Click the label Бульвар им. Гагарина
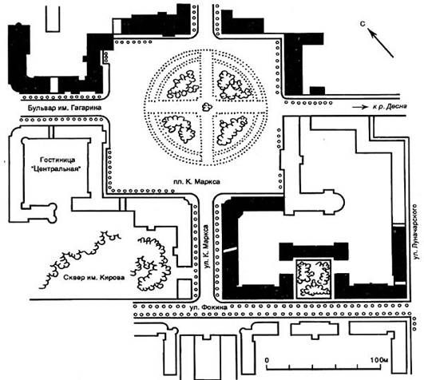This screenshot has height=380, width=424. tap(65, 108)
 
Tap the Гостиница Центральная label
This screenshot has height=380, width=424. tap(57, 164)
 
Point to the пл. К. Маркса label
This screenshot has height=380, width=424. tap(196, 182)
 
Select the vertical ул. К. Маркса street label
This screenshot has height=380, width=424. tap(207, 247)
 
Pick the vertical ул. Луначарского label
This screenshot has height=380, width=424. tap(417, 232)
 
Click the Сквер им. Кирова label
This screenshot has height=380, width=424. tap(94, 277)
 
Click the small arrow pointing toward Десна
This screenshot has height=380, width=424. tap(360, 107)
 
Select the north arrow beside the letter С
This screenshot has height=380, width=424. tap(381, 43)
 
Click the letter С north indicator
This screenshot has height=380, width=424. tap(363, 24)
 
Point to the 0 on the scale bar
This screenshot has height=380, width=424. tap(267, 360)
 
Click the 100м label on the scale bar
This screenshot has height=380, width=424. tap(379, 360)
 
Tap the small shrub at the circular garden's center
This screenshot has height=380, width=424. tap(207, 107)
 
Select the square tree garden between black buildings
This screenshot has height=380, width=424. tap(314, 279)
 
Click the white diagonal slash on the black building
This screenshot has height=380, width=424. tap(230, 249)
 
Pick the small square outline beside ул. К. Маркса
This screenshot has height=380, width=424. tap(184, 289)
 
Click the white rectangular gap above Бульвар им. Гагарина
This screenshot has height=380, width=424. tap(54, 85)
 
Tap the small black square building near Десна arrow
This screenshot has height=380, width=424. tap(317, 91)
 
